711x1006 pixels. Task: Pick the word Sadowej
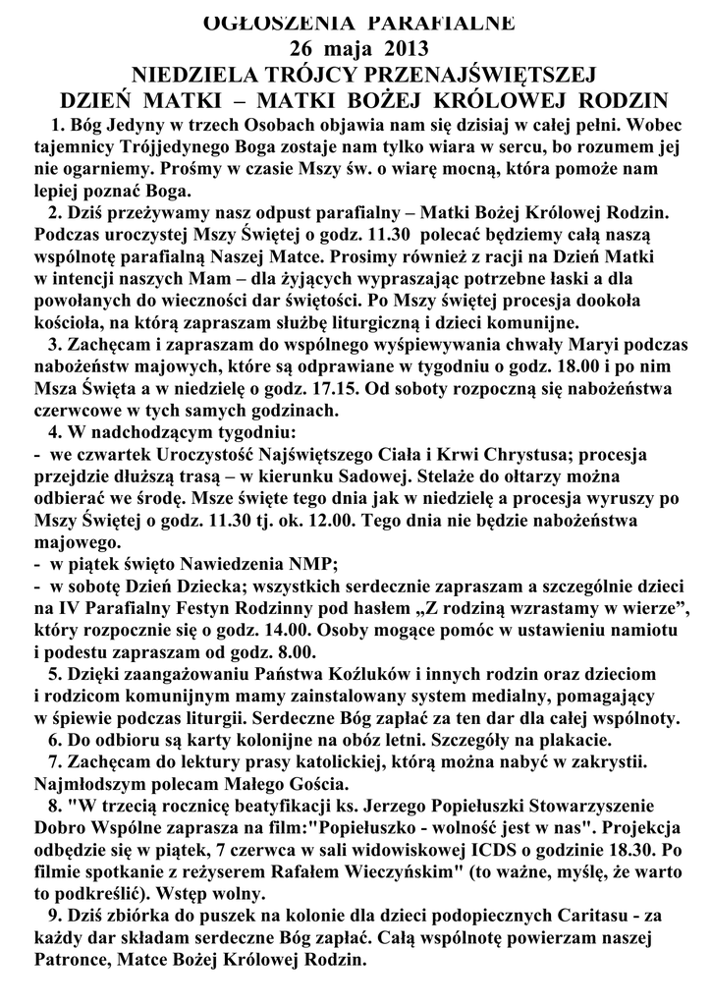click(x=313, y=475)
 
